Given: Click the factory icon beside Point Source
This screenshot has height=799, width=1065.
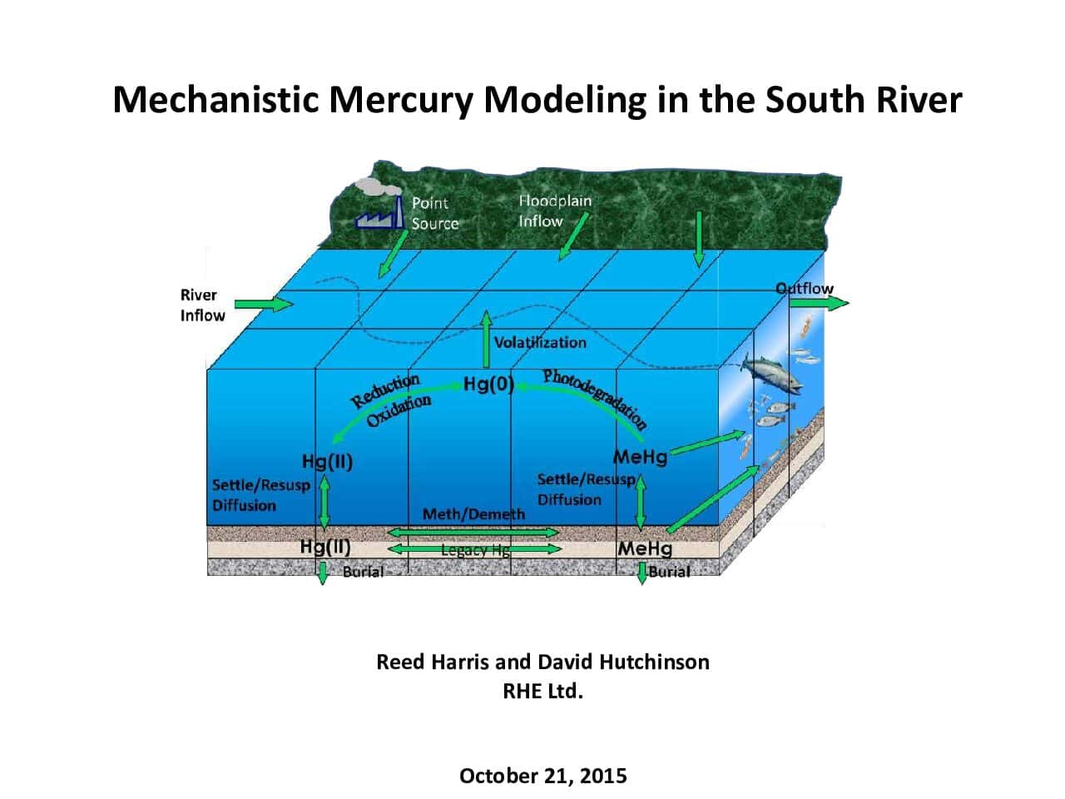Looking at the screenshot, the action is pos(379,212).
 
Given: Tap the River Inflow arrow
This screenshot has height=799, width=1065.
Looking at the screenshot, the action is pos(264,304).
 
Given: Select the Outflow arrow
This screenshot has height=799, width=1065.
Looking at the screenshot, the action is pos(819,303).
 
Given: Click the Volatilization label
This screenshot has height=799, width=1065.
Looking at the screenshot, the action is pos(540,343).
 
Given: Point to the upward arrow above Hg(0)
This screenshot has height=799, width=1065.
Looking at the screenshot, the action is pos(486,339).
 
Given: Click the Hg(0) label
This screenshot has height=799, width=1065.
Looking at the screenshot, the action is pos(488,384).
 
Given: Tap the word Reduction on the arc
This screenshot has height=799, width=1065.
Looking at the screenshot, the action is pos(385,390).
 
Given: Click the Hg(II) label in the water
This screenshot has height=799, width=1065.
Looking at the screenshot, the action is pos(327,461).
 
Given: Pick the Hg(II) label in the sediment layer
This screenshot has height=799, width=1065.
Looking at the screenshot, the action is pos(325,547).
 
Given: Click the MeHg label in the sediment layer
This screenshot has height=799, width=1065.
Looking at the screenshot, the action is pos(646,548).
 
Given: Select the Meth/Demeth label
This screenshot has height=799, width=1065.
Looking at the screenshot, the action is pos(473,514).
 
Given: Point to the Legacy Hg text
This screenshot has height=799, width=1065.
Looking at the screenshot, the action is pos(475,550).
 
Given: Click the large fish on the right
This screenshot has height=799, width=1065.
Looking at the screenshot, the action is pos(772,373).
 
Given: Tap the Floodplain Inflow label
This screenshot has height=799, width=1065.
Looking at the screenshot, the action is pos(555,211).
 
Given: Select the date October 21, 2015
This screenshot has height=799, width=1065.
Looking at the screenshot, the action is pos(543,776).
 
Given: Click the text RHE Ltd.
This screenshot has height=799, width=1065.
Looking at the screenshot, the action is pos(543,691).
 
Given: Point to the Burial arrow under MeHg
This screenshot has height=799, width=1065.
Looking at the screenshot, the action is pos(641,573).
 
